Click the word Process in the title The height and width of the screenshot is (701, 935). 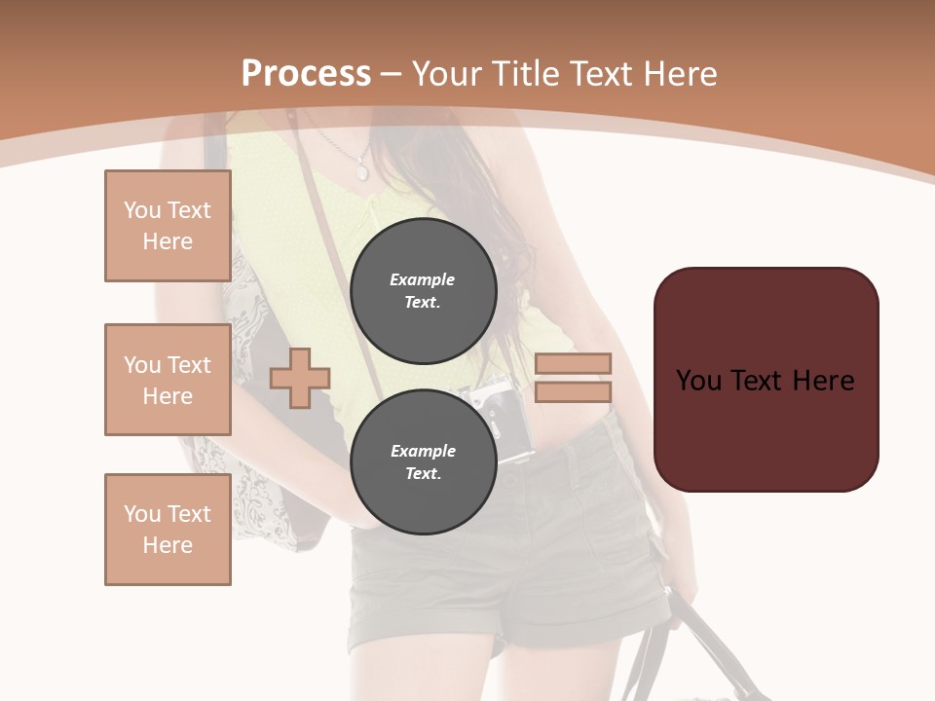click(306, 74)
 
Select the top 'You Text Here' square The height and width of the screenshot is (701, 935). click(168, 226)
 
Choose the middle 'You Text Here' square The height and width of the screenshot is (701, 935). click(168, 380)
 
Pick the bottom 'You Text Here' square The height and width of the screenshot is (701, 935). click(168, 530)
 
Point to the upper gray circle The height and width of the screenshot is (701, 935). click(423, 291)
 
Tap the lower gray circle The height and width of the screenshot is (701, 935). click(423, 462)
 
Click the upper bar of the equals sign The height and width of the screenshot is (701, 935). click(573, 363)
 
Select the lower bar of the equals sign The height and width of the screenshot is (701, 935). click(573, 391)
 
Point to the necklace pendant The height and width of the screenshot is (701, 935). click(362, 171)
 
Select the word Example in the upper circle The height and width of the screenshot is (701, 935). click(423, 279)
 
